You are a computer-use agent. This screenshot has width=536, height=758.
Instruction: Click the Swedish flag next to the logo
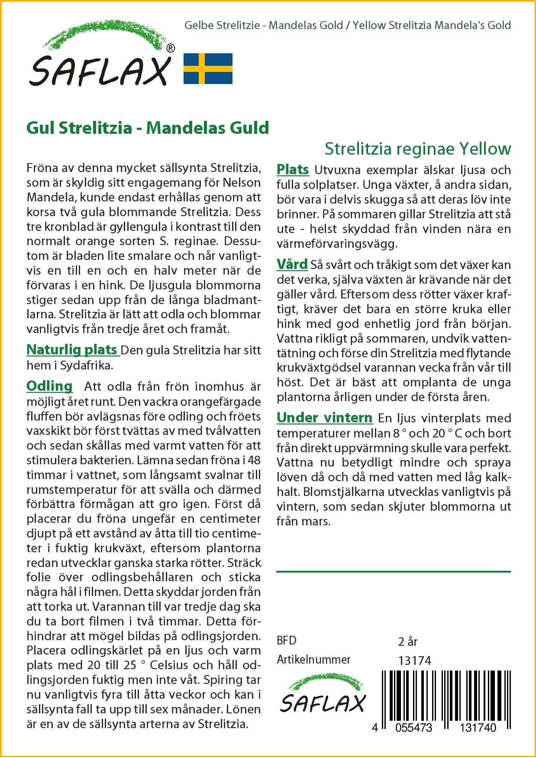pos(208,68)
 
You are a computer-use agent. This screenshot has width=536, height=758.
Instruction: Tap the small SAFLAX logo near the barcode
pos(323,697)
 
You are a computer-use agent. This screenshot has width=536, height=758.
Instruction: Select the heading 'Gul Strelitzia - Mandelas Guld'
pos(148,128)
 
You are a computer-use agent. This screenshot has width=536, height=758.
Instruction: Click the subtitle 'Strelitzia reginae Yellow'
pos(417,149)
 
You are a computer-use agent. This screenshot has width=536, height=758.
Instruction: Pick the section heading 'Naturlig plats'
pos(72,350)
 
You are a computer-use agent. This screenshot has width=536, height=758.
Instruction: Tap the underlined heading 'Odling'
pos(49,385)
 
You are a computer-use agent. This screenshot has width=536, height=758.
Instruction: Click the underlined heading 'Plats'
pos(293,169)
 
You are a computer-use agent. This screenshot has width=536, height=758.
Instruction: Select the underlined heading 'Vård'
pos(292,264)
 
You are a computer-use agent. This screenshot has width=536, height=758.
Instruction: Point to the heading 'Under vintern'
pos(324,418)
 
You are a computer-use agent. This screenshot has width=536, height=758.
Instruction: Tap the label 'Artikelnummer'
pos(313,660)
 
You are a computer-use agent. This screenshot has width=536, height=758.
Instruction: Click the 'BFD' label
pos(287,641)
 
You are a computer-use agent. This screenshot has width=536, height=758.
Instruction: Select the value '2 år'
pos(407,641)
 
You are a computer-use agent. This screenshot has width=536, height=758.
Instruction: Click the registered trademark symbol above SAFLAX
pos(171,49)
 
